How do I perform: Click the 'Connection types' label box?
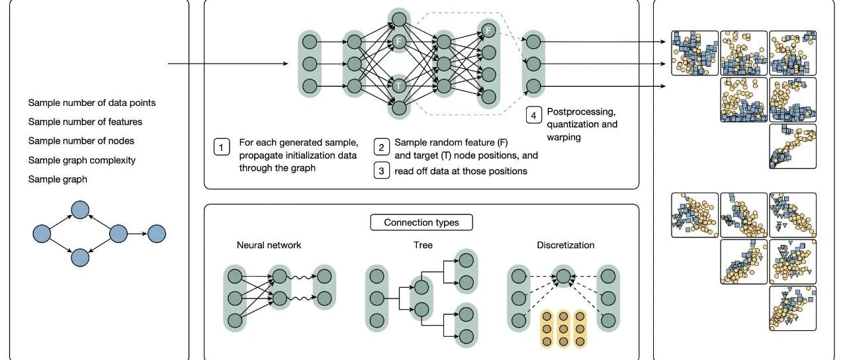click(x=422, y=222)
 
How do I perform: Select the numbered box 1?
click(x=222, y=148)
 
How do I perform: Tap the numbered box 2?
click(x=382, y=148)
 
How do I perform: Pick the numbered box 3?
click(x=382, y=171)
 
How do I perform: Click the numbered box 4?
click(x=533, y=115)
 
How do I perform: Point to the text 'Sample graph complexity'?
click(x=81, y=160)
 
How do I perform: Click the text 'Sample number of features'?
click(x=85, y=122)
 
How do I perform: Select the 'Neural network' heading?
click(x=269, y=245)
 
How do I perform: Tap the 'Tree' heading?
click(x=423, y=245)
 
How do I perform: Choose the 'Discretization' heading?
click(x=566, y=245)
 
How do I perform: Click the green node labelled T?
click(x=398, y=86)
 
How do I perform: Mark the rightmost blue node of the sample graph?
click(x=157, y=234)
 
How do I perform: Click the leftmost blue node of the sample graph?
click(x=42, y=234)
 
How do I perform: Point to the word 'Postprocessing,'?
click(x=582, y=112)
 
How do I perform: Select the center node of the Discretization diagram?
click(x=563, y=276)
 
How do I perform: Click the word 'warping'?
click(x=564, y=137)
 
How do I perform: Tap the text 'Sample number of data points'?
click(x=92, y=103)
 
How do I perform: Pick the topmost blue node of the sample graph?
click(x=80, y=210)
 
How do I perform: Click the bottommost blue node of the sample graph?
click(x=80, y=257)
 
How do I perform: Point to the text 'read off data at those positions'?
click(x=461, y=171)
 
